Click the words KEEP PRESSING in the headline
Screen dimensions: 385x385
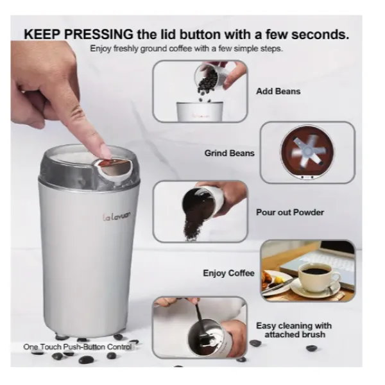tap(78, 34)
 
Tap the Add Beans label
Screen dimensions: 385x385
tap(278, 91)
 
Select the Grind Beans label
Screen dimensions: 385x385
tap(229, 153)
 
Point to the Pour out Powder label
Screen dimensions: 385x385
tap(290, 212)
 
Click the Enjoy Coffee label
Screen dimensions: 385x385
tap(228, 273)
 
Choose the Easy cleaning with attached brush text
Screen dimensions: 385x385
tap(294, 330)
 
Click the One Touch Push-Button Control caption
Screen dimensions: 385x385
tap(78, 347)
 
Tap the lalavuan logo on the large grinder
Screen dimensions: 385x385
tap(116, 216)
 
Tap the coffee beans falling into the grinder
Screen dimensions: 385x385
tap(206, 84)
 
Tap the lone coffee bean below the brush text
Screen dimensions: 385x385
tap(312, 348)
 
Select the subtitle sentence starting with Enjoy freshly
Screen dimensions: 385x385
tap(186, 49)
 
